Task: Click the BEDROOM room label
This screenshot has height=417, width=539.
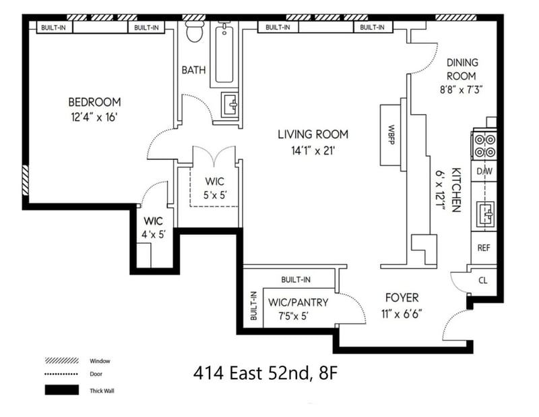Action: pyautogui.click(x=94, y=102)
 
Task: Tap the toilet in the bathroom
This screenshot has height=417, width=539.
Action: pyautogui.click(x=195, y=32)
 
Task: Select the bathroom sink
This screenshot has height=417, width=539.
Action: pyautogui.click(x=231, y=105)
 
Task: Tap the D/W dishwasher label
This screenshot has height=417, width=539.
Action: pyautogui.click(x=484, y=171)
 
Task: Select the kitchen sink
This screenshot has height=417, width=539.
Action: pyautogui.click(x=484, y=215)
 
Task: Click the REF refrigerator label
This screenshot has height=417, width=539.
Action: pyautogui.click(x=484, y=248)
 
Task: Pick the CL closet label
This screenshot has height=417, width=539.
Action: pyautogui.click(x=482, y=279)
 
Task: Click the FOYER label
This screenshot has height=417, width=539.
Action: pyautogui.click(x=402, y=298)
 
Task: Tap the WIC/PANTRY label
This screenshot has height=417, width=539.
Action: pyautogui.click(x=298, y=302)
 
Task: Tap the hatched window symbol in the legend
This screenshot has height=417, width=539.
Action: pyautogui.click(x=60, y=360)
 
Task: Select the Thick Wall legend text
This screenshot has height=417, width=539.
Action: pyautogui.click(x=102, y=390)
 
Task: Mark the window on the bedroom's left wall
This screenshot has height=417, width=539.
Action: pyautogui.click(x=26, y=180)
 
